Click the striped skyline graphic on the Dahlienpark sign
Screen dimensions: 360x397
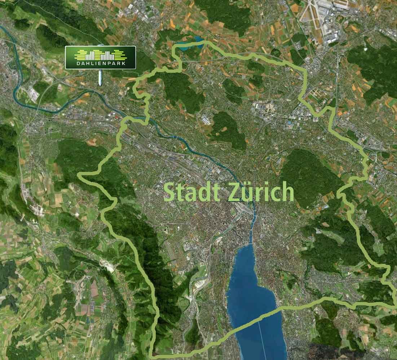pos(100,55)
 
